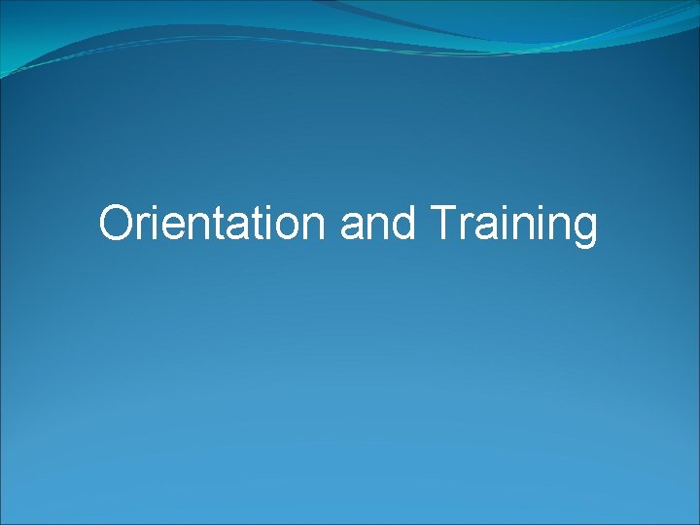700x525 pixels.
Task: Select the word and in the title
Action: click(378, 224)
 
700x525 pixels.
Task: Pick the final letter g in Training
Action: click(584, 229)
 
